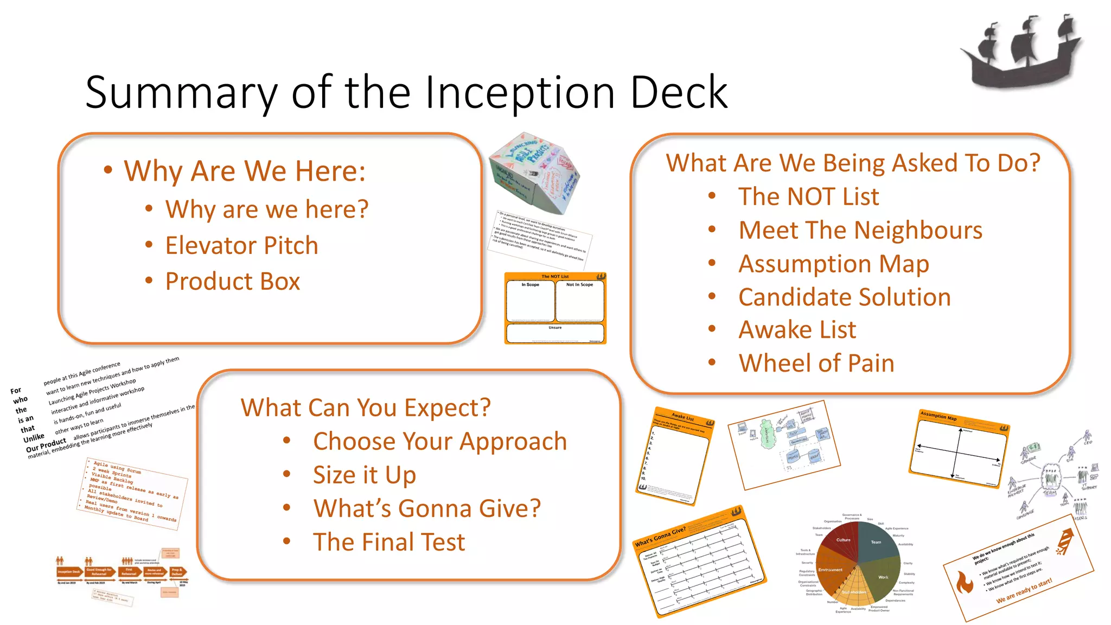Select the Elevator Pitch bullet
coord(241,245)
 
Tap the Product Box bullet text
coord(232,281)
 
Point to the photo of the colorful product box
coord(534,173)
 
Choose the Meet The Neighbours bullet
coord(860,230)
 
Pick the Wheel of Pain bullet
coord(816,363)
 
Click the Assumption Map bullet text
coord(833,264)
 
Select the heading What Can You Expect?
coord(366,407)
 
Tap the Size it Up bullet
coord(364,475)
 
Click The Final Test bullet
coord(388,542)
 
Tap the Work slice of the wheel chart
coord(882,577)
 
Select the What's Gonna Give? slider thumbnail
coord(700,564)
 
